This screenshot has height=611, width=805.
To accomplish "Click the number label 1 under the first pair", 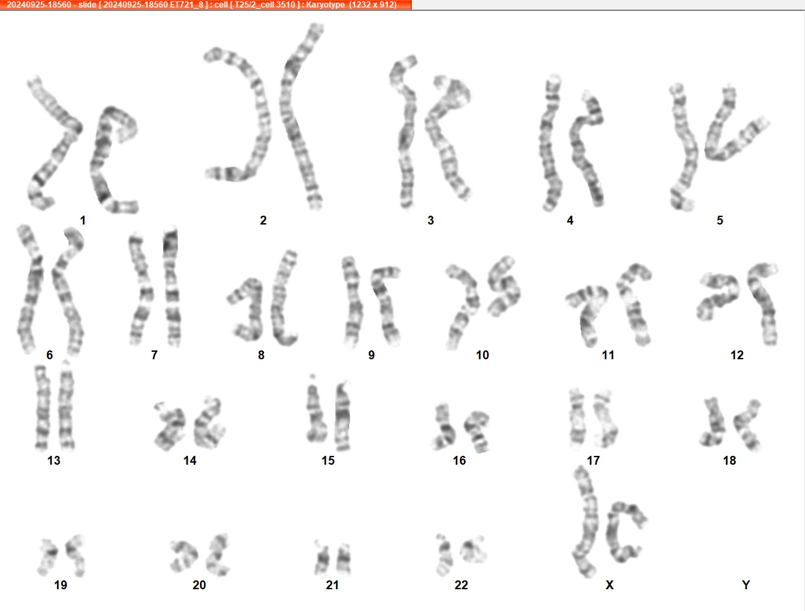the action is click(82, 220).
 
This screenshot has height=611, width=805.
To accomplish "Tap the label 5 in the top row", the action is click(720, 220).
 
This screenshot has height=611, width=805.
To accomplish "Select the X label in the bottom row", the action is click(610, 585).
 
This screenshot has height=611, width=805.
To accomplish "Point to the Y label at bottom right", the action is click(746, 585).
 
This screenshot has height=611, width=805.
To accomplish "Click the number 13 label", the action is click(54, 461).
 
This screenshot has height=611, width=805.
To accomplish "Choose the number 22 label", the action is click(461, 585).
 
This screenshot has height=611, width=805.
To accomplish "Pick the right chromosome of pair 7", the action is click(171, 288).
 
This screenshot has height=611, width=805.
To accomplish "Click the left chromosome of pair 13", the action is click(42, 408).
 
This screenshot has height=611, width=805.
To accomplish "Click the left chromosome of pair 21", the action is click(322, 558).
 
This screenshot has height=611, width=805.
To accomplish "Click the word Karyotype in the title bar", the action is click(325, 5).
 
